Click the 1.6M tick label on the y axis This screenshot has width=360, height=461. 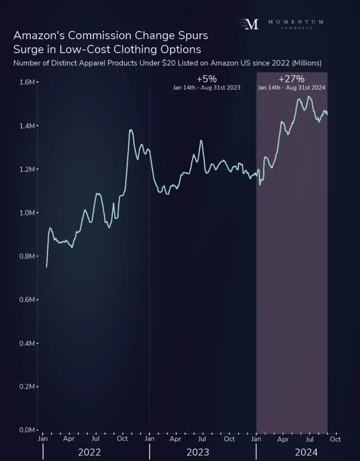[x=27, y=82]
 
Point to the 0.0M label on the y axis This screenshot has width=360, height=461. [x=27, y=430]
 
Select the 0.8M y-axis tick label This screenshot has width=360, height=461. [x=27, y=256]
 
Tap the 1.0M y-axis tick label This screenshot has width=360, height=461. [x=27, y=212]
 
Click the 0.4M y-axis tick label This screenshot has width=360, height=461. [x=27, y=343]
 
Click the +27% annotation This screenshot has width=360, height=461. [x=292, y=79]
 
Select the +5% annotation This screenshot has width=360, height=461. [x=207, y=79]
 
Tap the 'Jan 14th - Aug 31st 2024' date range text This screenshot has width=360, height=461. [x=292, y=88]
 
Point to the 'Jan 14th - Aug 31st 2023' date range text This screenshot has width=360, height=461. [x=207, y=88]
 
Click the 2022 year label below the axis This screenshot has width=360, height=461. [x=90, y=452]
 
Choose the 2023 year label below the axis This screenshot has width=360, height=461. [x=198, y=452]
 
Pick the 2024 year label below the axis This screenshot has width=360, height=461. [x=306, y=452]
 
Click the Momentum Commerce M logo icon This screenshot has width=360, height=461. [x=252, y=24]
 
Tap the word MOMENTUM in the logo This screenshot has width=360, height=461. [x=296, y=22]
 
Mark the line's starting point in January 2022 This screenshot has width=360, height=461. [x=46, y=267]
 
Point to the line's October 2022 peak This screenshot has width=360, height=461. [x=130, y=130]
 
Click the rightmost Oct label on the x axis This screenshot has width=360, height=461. [x=335, y=438]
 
